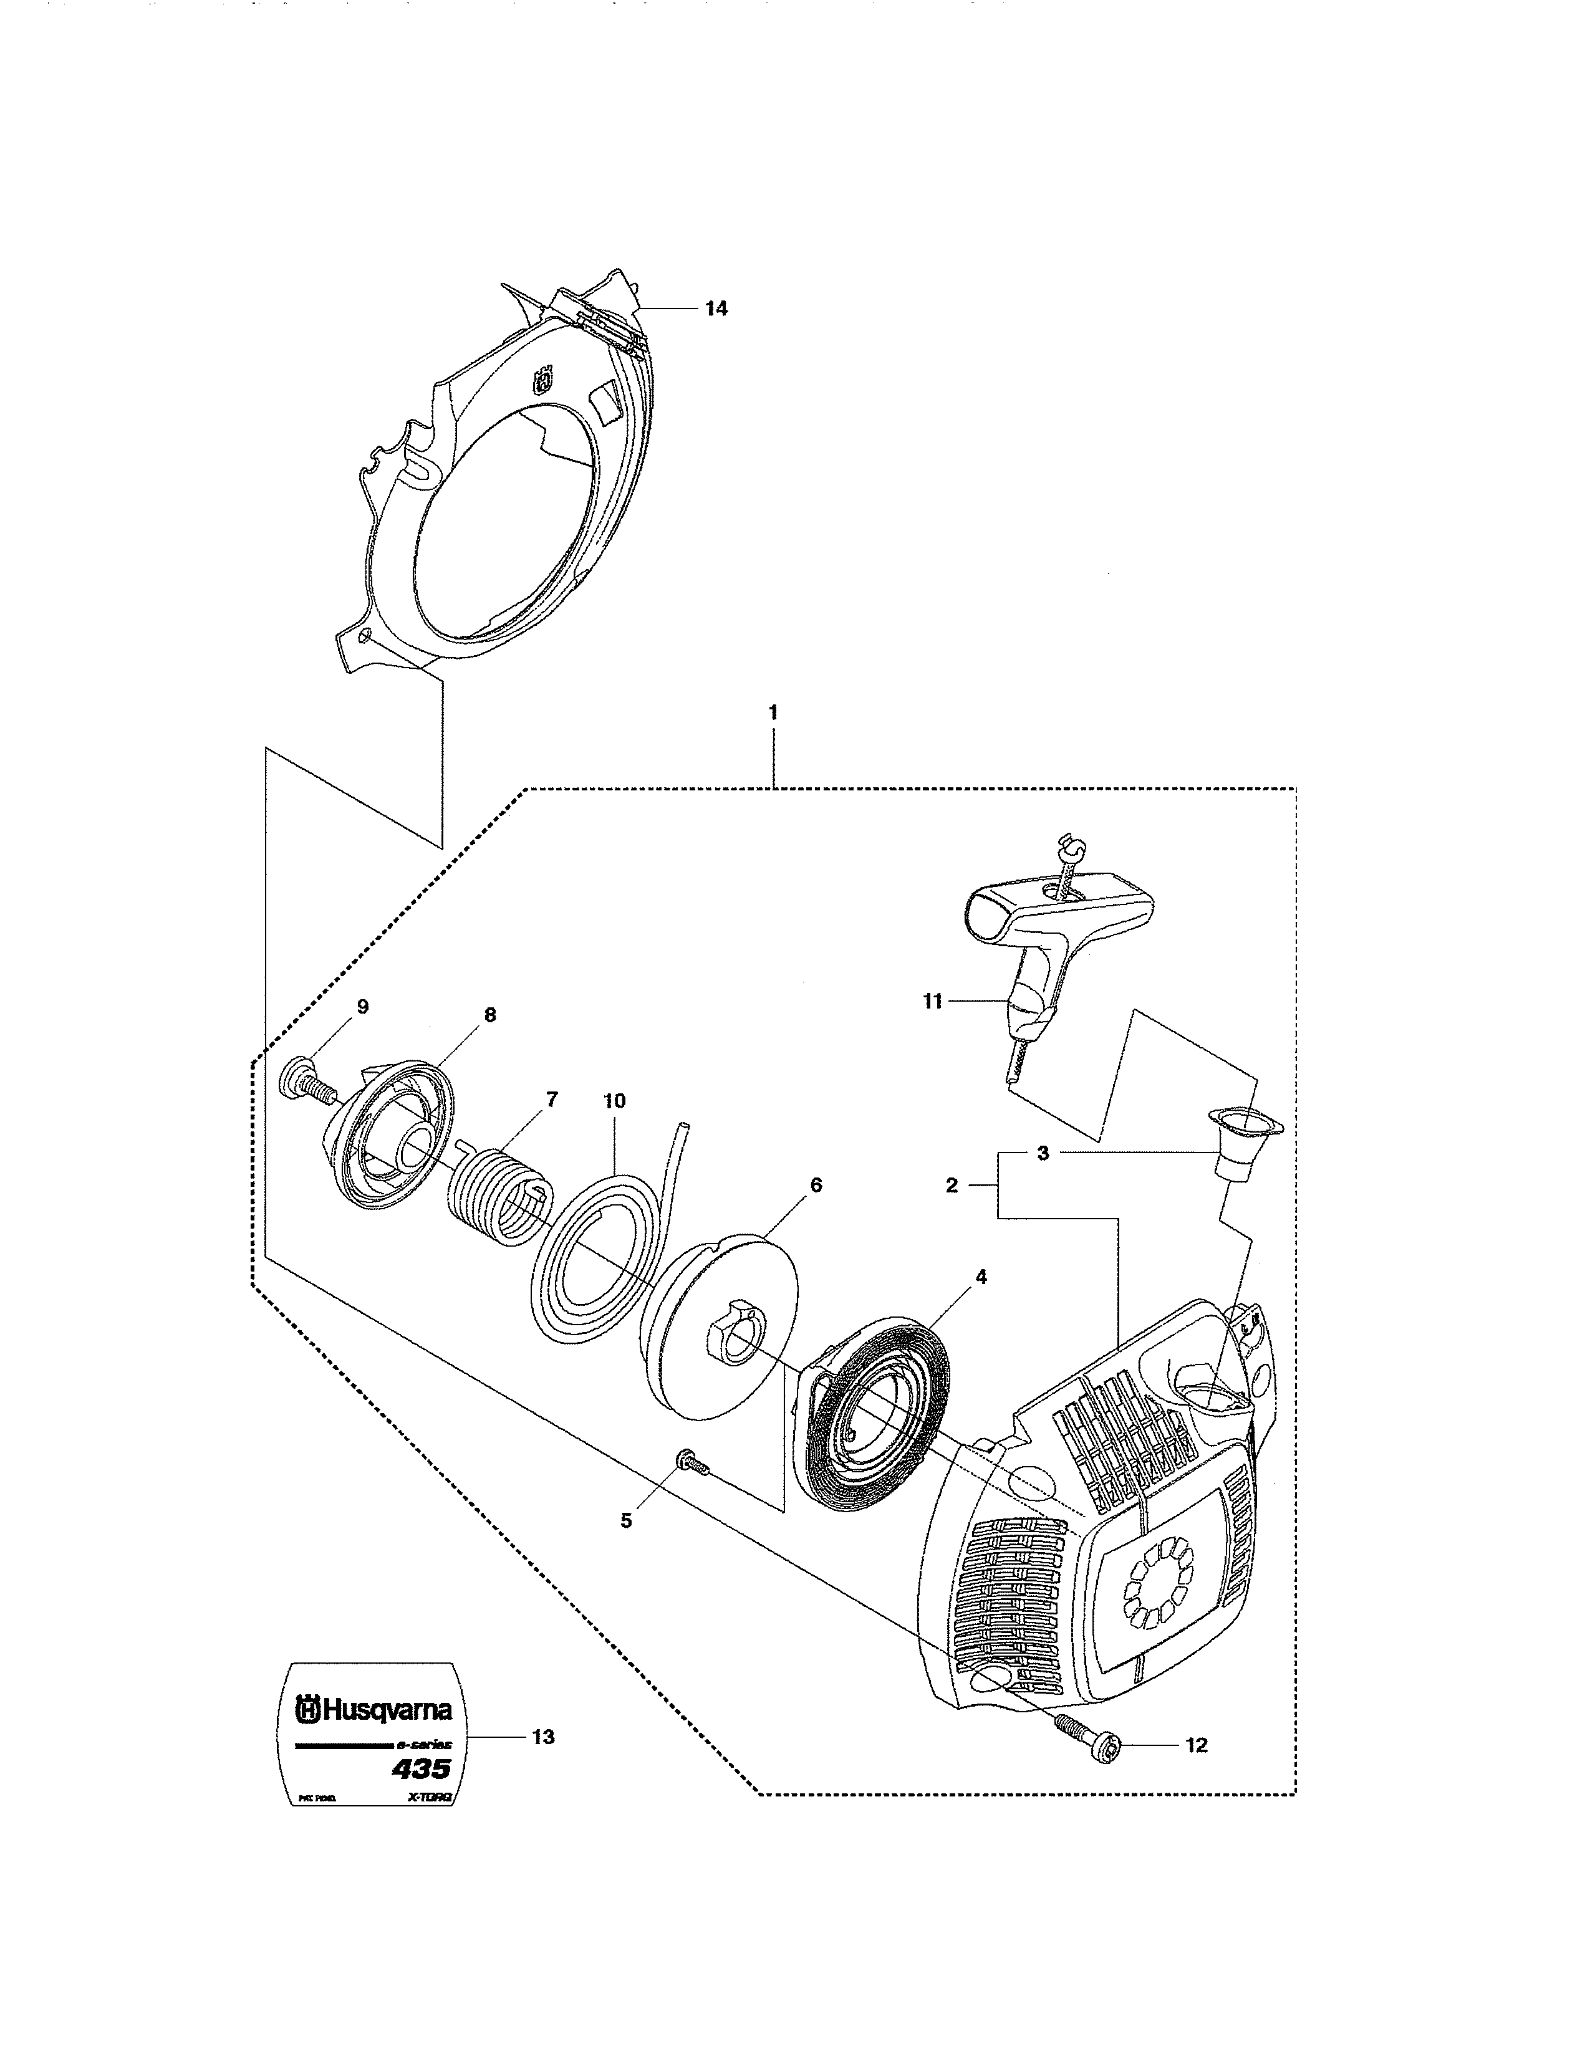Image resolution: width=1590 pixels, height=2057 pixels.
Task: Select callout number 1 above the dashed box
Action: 773,713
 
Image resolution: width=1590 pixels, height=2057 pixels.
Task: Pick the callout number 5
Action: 627,1520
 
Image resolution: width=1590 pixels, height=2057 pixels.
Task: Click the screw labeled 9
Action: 299,1078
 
